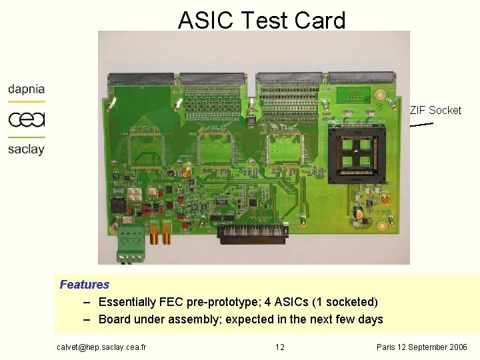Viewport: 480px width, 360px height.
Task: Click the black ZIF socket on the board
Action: click(x=357, y=153)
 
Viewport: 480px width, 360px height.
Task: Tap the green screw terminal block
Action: click(x=131, y=241)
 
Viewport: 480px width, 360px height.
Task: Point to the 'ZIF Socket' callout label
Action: click(x=435, y=111)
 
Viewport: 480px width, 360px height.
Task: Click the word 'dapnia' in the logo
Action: click(x=27, y=89)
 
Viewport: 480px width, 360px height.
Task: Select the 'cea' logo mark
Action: click(x=27, y=119)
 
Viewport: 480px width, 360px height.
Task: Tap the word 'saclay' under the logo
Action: click(x=27, y=149)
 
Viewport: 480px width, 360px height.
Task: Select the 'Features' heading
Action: click(x=84, y=285)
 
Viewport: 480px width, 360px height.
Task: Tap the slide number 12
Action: click(x=280, y=347)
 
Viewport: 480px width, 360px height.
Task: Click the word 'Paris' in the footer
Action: click(x=387, y=347)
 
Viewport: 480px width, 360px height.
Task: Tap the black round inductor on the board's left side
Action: click(x=119, y=205)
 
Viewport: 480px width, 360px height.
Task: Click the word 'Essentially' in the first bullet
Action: click(x=127, y=302)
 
